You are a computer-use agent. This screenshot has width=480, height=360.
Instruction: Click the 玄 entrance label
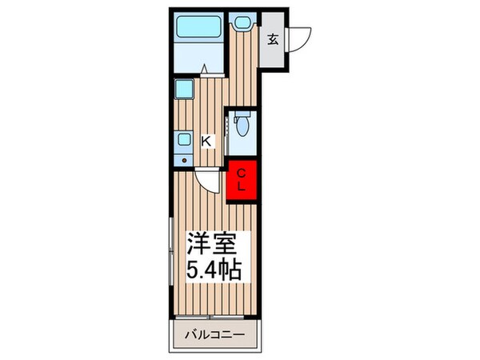(273, 38)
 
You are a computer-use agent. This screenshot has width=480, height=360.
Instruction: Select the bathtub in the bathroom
(199, 29)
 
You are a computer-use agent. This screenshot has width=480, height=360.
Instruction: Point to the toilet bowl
(243, 127)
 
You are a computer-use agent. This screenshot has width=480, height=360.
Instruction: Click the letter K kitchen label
(206, 142)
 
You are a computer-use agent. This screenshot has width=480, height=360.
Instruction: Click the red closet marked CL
(242, 179)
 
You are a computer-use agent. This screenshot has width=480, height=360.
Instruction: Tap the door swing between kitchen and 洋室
(206, 183)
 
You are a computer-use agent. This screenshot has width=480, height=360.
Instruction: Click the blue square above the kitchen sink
(184, 89)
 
